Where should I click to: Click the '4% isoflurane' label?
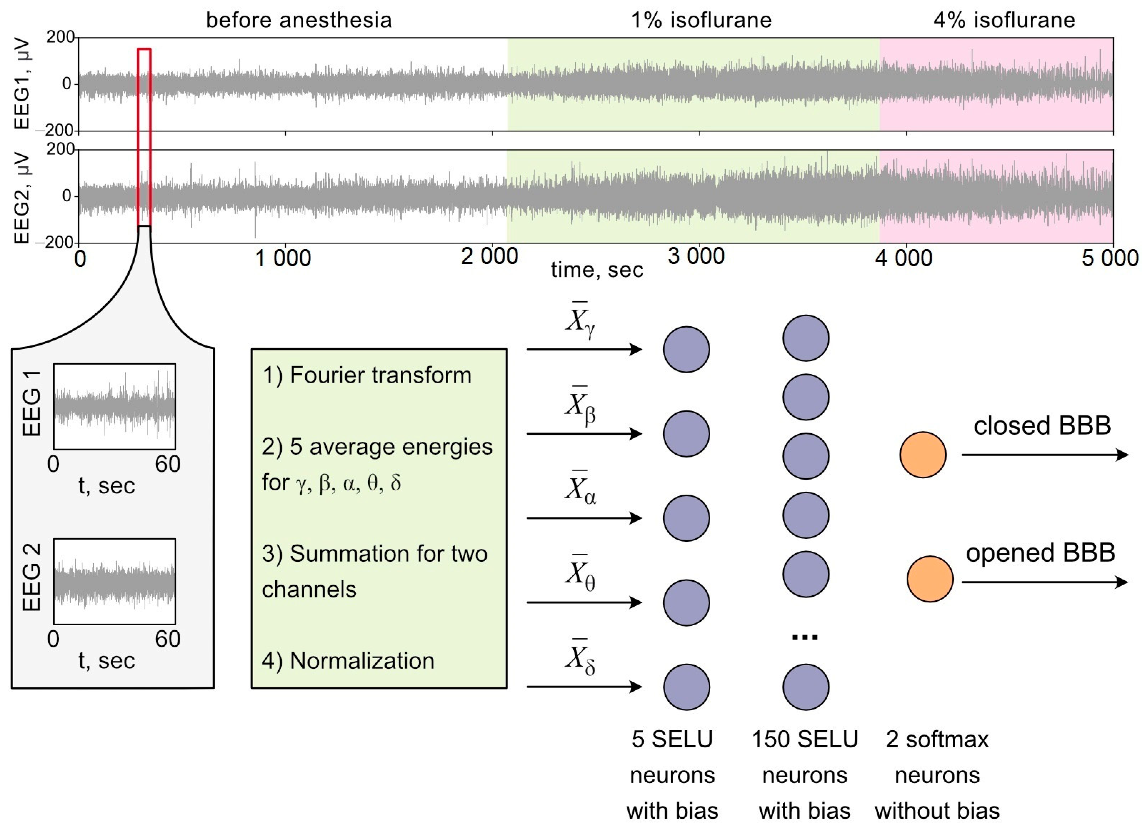tap(1004, 20)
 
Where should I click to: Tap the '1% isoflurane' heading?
tap(701, 20)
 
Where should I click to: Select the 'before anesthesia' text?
tap(299, 20)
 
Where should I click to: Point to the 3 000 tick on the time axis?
tap(696, 257)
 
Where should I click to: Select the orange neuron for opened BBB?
tap(930, 579)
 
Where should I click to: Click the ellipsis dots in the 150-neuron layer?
tap(805, 637)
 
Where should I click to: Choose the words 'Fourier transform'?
tap(380, 375)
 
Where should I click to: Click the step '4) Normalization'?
tap(348, 661)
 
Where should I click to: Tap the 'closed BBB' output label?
tap(1042, 426)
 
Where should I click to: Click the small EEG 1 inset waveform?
tap(115, 407)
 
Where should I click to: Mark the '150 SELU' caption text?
tap(805, 739)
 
